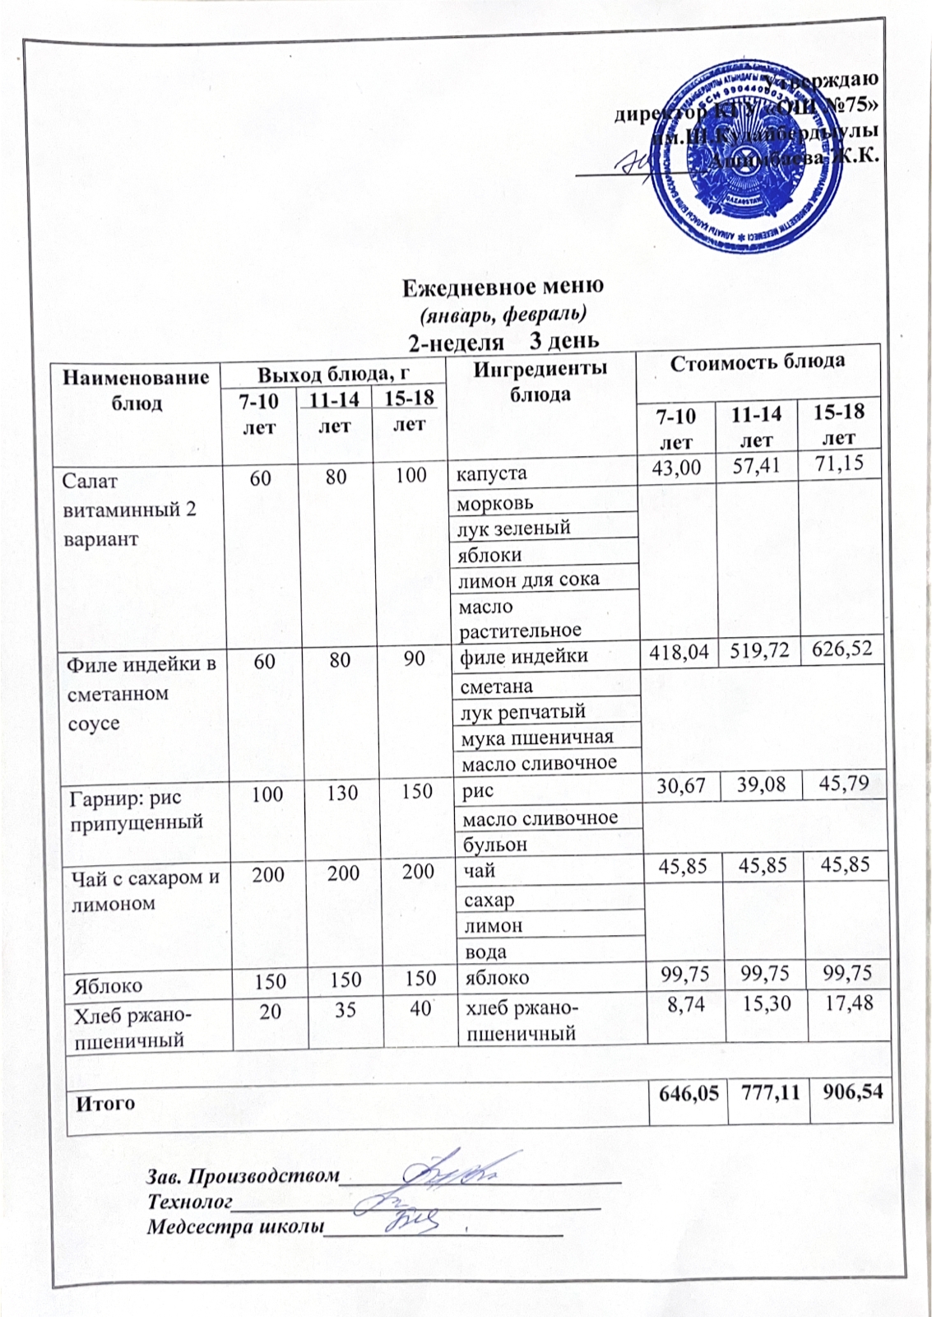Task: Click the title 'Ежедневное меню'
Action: coord(503,286)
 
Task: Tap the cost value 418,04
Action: coord(679,654)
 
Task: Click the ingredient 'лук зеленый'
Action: coord(514,528)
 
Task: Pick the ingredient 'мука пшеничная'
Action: coord(538,737)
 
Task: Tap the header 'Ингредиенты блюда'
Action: coord(540,380)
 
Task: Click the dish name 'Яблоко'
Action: coord(107,985)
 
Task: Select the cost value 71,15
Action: coord(838,464)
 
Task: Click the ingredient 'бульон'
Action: coord(494,845)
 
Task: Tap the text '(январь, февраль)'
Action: coord(503,314)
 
